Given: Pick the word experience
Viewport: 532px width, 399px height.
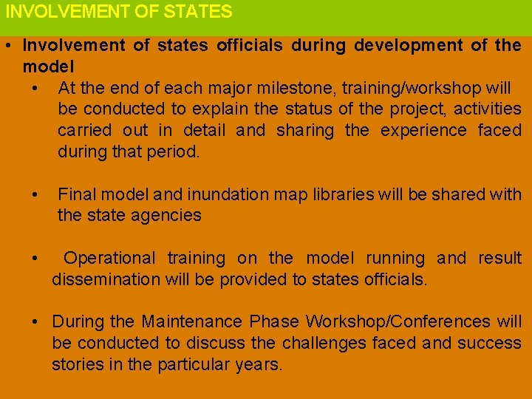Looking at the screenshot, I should (423, 131).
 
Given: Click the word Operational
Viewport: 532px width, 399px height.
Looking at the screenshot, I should (109, 259).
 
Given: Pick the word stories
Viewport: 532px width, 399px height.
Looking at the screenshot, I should (73, 365).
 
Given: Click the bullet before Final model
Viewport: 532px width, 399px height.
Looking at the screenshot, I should (35, 194).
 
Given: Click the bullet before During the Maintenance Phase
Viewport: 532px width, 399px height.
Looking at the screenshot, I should (35, 322).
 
